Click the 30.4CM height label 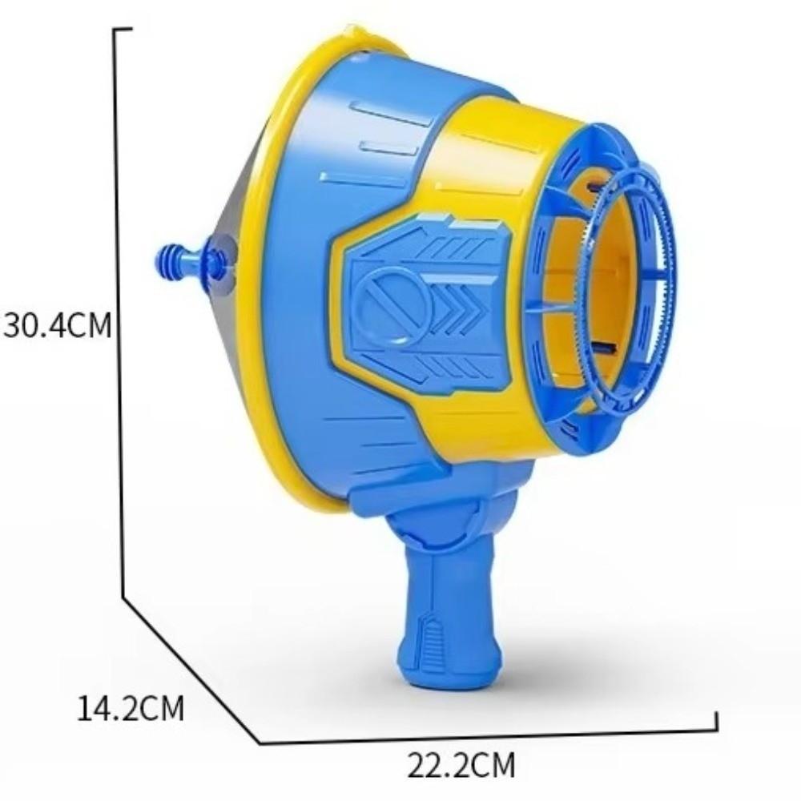57,325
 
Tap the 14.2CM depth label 131,709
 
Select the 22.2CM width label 461,765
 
